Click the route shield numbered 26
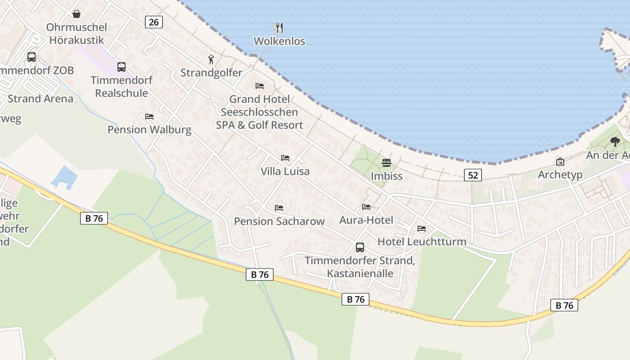pyautogui.click(x=153, y=22)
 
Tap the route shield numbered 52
pyautogui.click(x=473, y=175)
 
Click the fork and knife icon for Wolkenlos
pyautogui.click(x=279, y=28)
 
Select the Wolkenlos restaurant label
pyautogui.click(x=279, y=41)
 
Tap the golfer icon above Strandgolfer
pyautogui.click(x=211, y=59)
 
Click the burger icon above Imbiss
pyautogui.click(x=387, y=162)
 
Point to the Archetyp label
pyautogui.click(x=560, y=175)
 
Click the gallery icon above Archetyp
pyautogui.click(x=560, y=162)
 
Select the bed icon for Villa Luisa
pyautogui.click(x=285, y=158)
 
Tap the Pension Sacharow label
pyautogui.click(x=279, y=221)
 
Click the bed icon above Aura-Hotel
pyautogui.click(x=366, y=207)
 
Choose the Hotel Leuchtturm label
pyautogui.click(x=422, y=242)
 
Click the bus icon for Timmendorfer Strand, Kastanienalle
pyautogui.click(x=360, y=247)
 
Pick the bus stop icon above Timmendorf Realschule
pyautogui.click(x=121, y=67)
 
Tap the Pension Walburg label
pyautogui.click(x=149, y=130)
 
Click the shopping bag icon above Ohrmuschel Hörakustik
pyautogui.click(x=76, y=14)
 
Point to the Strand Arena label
pyautogui.click(x=40, y=99)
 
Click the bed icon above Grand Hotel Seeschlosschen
pyautogui.click(x=260, y=86)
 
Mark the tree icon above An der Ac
pyautogui.click(x=615, y=142)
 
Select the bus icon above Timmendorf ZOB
pyautogui.click(x=31, y=57)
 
